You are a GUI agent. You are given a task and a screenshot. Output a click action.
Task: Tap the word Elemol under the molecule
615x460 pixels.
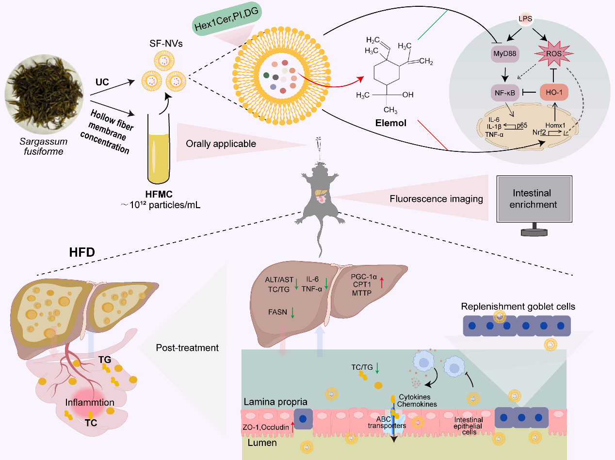point(391,124)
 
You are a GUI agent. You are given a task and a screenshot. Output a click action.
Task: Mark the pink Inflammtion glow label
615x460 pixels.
point(90,402)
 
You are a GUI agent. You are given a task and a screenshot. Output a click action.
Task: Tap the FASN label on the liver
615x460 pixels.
point(277,312)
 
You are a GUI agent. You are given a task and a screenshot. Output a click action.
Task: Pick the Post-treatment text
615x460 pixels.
point(187,348)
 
